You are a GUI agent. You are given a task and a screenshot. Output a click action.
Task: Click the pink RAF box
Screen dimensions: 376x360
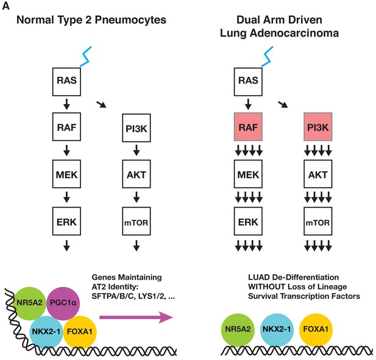pos(248,127)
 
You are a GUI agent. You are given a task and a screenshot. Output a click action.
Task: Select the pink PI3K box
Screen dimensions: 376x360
pos(318,127)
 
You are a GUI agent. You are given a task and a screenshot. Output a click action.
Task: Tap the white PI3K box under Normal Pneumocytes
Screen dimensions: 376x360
pos(137,128)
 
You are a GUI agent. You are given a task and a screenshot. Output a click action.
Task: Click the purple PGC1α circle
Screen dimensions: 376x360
pos(63,303)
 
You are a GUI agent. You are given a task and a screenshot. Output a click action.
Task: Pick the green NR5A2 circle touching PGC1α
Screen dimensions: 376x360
pos(29,303)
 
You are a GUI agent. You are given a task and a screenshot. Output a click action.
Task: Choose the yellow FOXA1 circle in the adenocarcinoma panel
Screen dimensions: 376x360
pos(316,330)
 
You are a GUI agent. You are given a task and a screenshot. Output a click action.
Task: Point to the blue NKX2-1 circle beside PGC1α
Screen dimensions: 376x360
pos(46,332)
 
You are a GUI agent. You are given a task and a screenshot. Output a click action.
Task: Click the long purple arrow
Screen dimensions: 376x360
pos(136,317)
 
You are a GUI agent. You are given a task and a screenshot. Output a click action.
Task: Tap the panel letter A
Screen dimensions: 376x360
pos(5,5)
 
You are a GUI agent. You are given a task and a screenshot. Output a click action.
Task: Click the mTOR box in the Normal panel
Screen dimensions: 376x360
pos(137,221)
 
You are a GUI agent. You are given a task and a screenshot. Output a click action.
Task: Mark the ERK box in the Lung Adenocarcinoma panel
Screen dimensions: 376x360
pos(248,221)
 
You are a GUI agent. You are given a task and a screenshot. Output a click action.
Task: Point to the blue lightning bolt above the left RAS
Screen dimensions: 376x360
pos(85,57)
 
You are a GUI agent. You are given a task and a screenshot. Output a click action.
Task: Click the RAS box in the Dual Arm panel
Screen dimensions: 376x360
pos(248,82)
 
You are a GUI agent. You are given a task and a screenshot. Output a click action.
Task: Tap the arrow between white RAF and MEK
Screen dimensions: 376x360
pos(66,150)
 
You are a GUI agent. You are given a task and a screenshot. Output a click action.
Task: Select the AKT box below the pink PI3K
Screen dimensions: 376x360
pos(318,174)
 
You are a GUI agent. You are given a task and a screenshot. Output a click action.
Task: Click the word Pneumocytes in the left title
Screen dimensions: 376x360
pos(130,20)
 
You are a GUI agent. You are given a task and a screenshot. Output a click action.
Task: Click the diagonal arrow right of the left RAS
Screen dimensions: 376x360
pos(101,105)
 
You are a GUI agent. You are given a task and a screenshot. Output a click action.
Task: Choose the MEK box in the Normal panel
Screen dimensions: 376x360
pos(66,174)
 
